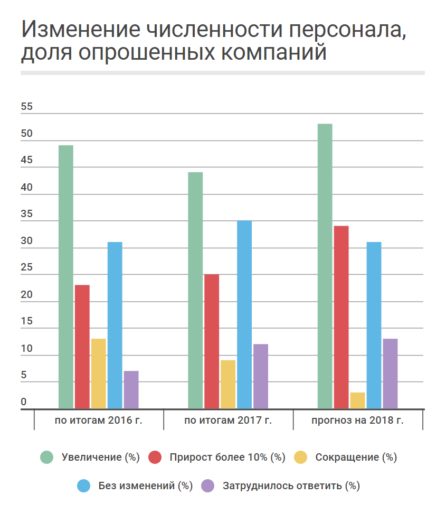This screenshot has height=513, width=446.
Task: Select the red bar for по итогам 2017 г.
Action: (x=212, y=341)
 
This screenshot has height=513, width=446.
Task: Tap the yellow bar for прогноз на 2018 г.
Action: (x=357, y=400)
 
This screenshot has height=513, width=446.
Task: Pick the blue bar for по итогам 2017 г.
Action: (x=244, y=314)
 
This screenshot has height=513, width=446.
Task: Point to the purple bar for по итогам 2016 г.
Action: (x=131, y=389)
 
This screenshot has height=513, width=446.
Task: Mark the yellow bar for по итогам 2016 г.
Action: (x=99, y=373)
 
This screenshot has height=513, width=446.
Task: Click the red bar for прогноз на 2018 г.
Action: (x=341, y=317)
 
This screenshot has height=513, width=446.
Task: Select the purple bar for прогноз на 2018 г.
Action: (x=390, y=373)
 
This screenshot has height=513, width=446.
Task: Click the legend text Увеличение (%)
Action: (x=101, y=458)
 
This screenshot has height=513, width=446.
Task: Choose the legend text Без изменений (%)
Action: (x=146, y=486)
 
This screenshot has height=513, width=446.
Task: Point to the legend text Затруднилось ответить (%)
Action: (x=291, y=486)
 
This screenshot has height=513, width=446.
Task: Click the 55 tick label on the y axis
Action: (x=27, y=107)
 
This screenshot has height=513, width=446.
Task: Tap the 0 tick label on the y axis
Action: (x=24, y=402)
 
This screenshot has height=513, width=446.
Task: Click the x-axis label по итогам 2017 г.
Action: (x=228, y=421)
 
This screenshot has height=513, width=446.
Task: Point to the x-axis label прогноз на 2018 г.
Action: (x=357, y=421)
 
